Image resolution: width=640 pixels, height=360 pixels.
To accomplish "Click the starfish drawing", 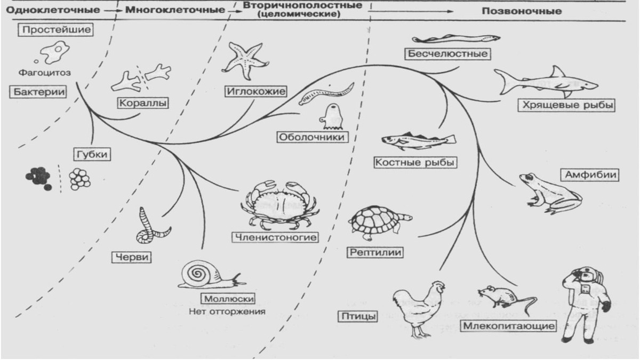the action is click(x=245, y=61).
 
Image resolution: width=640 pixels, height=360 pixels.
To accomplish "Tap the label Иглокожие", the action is click(x=255, y=91).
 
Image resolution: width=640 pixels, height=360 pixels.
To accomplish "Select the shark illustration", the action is click(x=546, y=82).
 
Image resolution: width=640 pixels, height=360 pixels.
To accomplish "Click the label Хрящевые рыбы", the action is click(x=566, y=105).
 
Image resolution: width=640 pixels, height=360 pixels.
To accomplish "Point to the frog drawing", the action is click(x=550, y=194).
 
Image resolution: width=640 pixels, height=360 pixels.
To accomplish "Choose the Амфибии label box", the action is click(x=590, y=174).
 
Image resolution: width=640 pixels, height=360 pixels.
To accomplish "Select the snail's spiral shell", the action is click(x=197, y=274).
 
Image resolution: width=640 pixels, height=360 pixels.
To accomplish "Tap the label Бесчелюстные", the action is click(x=447, y=54).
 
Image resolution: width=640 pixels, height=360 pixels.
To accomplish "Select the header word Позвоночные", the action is click(x=522, y=11).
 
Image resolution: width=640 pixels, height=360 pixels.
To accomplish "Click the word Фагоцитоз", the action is click(x=45, y=73).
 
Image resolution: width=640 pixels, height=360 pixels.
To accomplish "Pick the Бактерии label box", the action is click(x=38, y=92).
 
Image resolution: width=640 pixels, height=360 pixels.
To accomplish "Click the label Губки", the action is click(x=92, y=154).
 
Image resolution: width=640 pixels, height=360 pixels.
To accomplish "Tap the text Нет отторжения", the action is click(x=227, y=311).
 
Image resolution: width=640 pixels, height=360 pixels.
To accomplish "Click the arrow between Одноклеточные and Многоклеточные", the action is click(x=113, y=11).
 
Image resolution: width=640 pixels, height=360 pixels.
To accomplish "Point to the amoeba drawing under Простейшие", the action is click(x=55, y=52).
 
